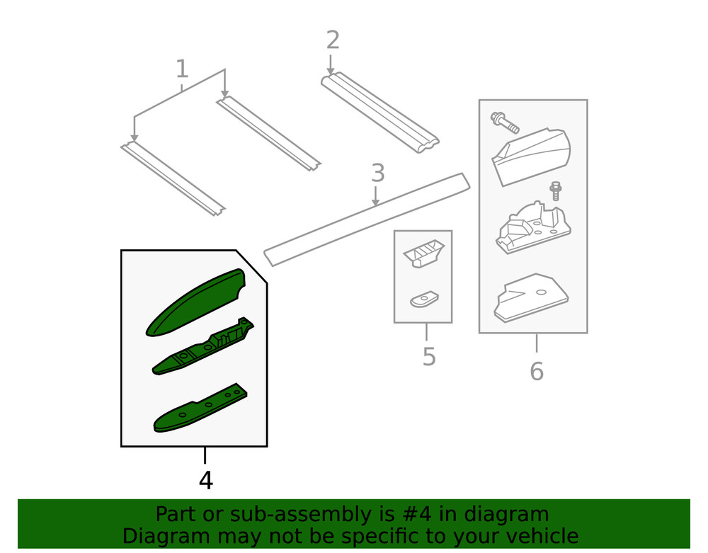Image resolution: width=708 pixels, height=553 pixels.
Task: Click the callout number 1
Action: point(181,69)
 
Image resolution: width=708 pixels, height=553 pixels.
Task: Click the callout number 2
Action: point(333,40)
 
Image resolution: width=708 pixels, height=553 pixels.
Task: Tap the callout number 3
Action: point(378,173)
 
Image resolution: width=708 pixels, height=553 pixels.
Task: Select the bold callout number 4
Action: point(205,480)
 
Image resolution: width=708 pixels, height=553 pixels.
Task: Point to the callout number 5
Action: point(429,357)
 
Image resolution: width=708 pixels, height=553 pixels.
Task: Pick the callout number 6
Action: point(537,371)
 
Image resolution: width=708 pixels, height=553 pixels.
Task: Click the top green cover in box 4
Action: point(195,303)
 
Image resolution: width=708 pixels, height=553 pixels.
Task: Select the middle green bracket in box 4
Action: point(202,346)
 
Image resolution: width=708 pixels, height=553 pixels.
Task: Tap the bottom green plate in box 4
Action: point(200,408)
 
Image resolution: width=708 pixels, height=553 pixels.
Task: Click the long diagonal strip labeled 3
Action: point(367,220)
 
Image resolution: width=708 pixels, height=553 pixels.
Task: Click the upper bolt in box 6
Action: point(504,122)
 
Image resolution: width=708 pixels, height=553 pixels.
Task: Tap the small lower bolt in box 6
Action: point(555,191)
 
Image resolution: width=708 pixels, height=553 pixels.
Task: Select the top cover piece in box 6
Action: point(532,156)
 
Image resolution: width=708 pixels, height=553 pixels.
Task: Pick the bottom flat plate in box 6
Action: point(531,298)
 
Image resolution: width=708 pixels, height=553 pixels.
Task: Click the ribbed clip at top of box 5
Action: point(424,253)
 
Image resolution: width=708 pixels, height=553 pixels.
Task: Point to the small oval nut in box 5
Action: point(424,300)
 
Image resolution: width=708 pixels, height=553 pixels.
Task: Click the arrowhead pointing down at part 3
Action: point(376,203)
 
